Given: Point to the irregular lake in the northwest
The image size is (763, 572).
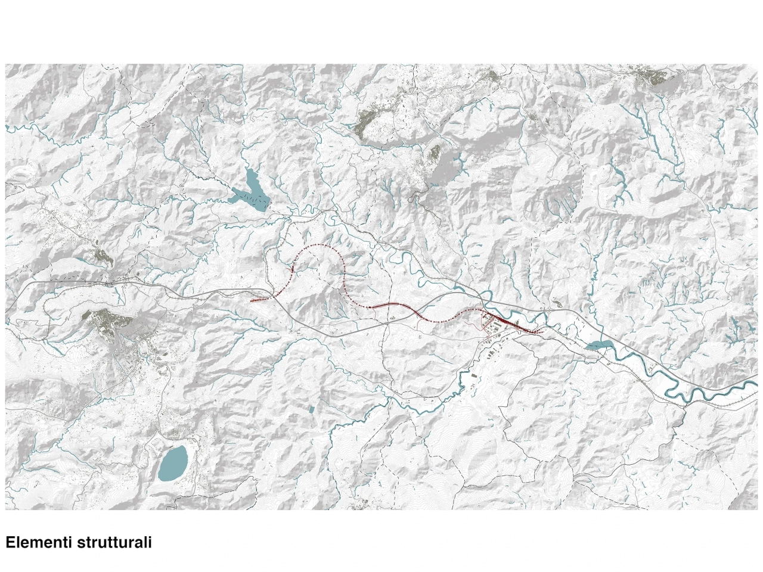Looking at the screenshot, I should [249, 189].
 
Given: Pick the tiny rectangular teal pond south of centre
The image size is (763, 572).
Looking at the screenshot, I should [311, 410].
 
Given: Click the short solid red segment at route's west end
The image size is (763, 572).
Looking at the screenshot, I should [260, 300].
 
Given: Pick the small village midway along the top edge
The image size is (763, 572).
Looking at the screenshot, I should [490, 76].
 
